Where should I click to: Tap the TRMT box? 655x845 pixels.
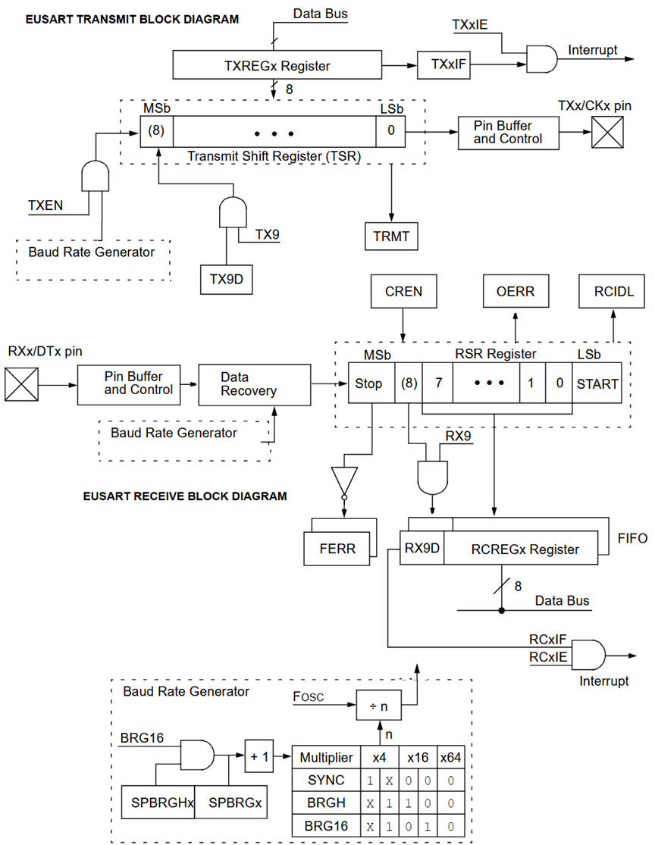[391, 236]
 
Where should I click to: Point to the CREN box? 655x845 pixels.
[403, 291]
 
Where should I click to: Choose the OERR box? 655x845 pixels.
[516, 291]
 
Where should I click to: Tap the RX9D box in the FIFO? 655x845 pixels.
[422, 549]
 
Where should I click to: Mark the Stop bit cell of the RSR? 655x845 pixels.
[370, 383]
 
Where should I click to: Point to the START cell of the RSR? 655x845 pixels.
[597, 383]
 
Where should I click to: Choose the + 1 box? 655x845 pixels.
[259, 757]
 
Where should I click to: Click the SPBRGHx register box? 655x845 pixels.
[158, 802]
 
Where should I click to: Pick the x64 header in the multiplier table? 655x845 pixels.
[450, 757]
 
